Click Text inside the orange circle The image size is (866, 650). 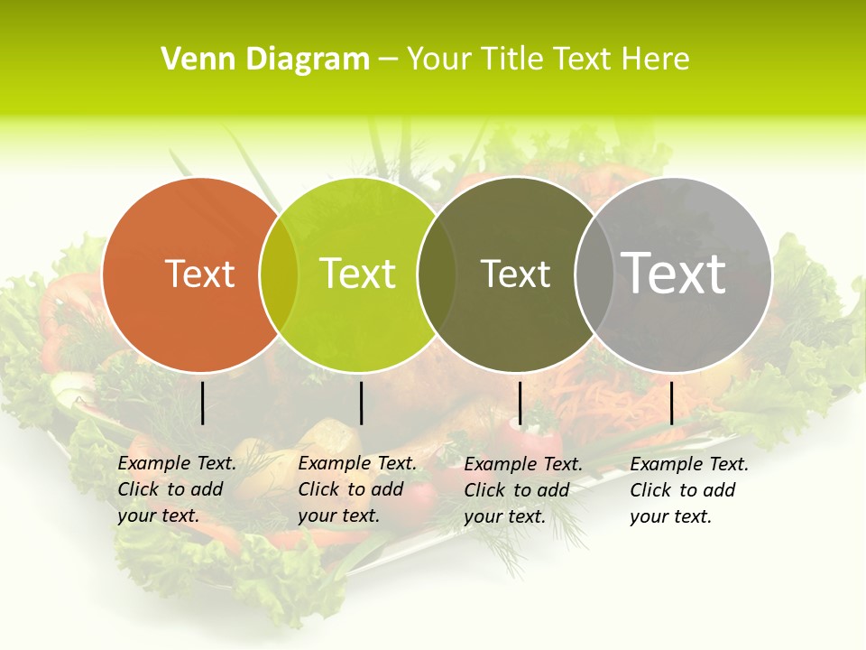pos(199,274)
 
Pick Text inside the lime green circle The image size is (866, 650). pos(358,274)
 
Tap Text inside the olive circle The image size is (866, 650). pos(515,274)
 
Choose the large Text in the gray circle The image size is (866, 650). pos(674,273)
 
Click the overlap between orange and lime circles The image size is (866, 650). pos(279,274)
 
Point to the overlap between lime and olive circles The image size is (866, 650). pos(437,274)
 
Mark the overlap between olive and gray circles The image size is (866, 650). pos(594,274)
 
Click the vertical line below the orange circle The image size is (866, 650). pos(203,403)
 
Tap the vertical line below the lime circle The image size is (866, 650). pos(361,403)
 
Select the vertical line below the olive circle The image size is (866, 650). pos(520,403)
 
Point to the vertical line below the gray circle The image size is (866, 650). pos(671,403)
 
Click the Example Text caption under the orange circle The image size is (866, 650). pos(177,489)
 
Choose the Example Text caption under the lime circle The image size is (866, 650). pos(357,489)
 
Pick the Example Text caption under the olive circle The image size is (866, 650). pos(523,490)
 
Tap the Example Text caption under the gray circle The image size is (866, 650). pos(689,490)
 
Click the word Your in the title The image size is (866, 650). pos(438,60)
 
